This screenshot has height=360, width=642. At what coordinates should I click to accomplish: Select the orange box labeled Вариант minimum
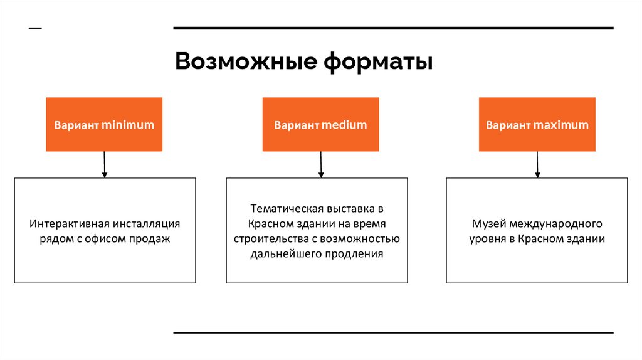pos(104,124)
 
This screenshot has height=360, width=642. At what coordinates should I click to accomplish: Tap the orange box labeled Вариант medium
pos(320,124)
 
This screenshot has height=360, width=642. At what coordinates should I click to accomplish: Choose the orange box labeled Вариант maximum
pos(537,124)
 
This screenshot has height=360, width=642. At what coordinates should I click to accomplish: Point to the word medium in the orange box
pos(344,125)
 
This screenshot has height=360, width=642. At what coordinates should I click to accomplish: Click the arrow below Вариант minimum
pos(104,164)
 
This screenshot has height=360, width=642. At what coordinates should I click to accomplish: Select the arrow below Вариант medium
pos(320,164)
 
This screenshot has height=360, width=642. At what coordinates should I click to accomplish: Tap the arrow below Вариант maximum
pos(537,164)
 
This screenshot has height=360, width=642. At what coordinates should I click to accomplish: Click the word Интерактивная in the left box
pos(69,224)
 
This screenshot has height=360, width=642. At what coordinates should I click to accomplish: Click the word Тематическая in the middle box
pos(286,208)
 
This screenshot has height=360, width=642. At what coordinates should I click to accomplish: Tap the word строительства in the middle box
pos(268,239)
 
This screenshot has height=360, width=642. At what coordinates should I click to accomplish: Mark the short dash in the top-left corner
pos(36,28)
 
